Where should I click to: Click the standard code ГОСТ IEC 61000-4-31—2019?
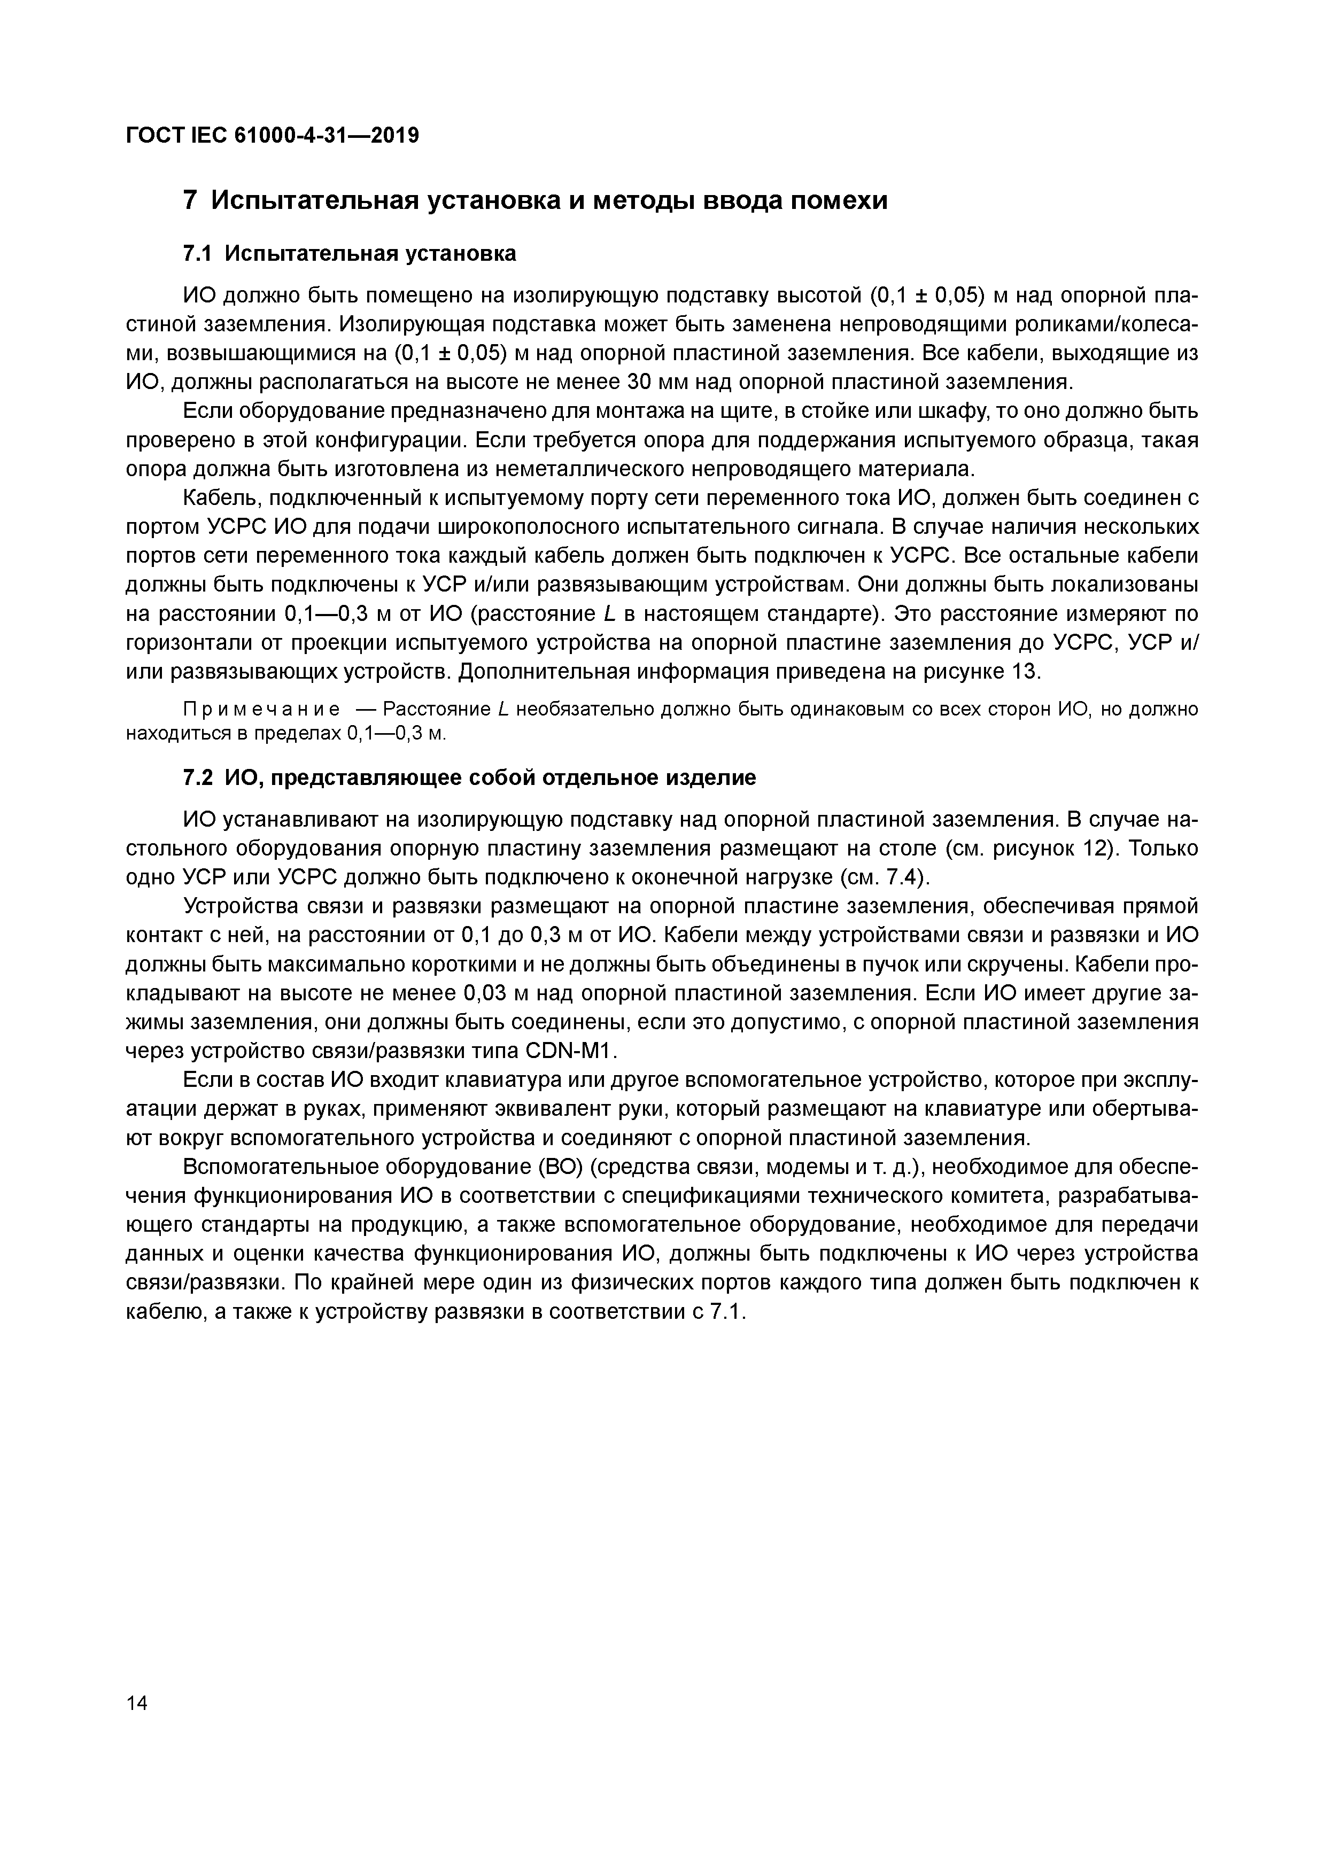coord(272,136)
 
